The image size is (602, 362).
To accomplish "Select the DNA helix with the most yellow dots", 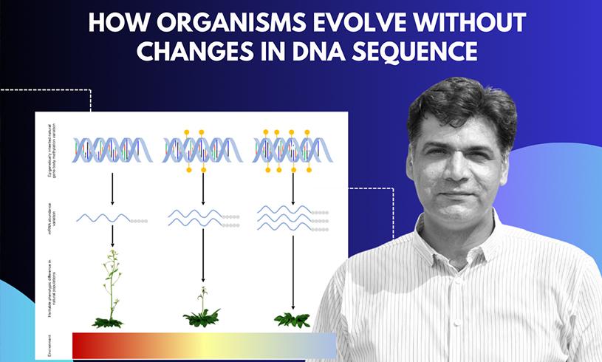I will point(293,150).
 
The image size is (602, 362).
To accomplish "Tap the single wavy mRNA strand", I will point(103,218).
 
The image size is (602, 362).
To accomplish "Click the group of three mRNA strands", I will point(284,218).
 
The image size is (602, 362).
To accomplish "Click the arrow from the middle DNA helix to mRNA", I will point(202,188).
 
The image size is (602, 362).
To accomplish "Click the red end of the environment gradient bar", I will point(81,345).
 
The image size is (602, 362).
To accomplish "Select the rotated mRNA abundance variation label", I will point(49,218).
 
